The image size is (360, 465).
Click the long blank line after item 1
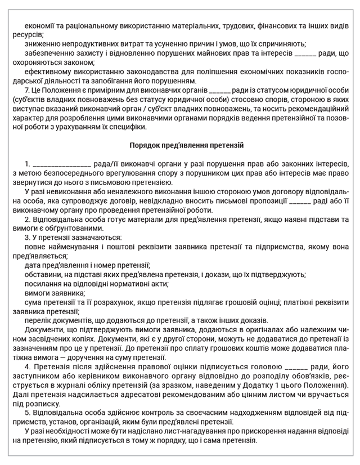pyautogui.click(x=62, y=164)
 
